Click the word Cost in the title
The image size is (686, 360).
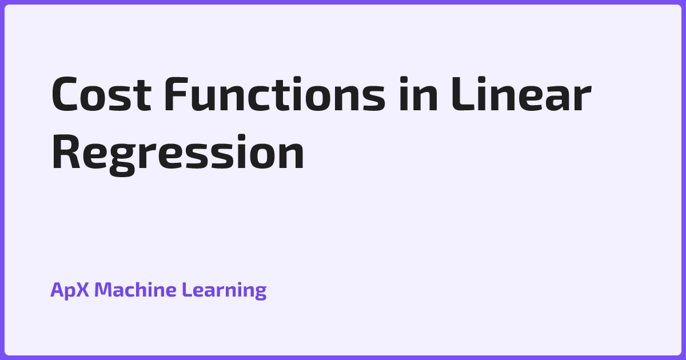pyautogui.click(x=101, y=93)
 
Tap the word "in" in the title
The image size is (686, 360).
pyautogui.click(x=418, y=93)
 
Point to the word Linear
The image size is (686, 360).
pyautogui.click(x=521, y=93)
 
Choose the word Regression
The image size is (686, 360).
pyautogui.click(x=178, y=155)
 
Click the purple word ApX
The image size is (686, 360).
pyautogui.click(x=70, y=290)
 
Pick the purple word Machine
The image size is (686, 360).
pyautogui.click(x=135, y=289)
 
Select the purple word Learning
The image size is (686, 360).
pyautogui.click(x=224, y=290)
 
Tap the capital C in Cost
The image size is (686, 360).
pyautogui.click(x=64, y=94)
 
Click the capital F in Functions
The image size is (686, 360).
pyautogui.click(x=176, y=94)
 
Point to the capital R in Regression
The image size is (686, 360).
pyautogui.click(x=66, y=151)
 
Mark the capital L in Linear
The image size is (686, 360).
pyautogui.click(x=462, y=94)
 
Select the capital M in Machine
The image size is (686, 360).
pyautogui.click(x=103, y=290)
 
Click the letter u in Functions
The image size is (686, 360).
pyautogui.click(x=203, y=98)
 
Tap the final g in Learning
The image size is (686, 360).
pyautogui.click(x=260, y=293)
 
